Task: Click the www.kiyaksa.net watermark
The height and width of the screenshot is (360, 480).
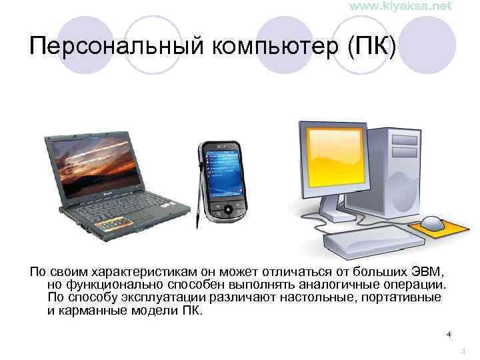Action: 400,6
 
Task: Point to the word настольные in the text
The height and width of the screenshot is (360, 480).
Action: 321,297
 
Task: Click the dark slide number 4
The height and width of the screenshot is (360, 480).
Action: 449,334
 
